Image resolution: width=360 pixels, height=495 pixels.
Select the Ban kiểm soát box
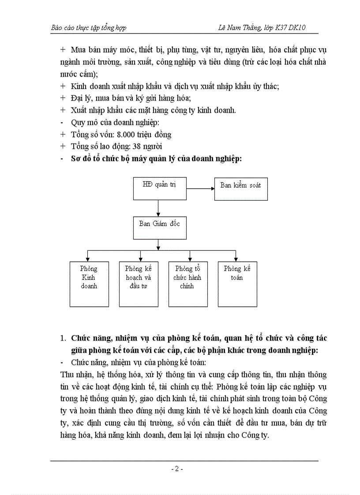[x=240, y=189]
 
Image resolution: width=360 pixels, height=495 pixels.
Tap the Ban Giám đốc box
[x=159, y=227]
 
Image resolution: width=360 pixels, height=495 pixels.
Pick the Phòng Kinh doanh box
[x=89, y=284]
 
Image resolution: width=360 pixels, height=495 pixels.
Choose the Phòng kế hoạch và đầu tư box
[x=139, y=284]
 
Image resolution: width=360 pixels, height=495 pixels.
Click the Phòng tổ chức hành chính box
[x=188, y=284]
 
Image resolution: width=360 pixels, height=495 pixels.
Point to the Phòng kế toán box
[x=237, y=284]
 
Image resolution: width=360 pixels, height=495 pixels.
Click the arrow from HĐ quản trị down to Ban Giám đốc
[x=158, y=207]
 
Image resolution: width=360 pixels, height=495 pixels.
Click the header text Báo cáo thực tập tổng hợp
[x=89, y=28]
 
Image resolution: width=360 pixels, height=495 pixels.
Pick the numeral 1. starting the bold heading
[x=62, y=339]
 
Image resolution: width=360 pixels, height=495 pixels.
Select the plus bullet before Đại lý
[x=62, y=98]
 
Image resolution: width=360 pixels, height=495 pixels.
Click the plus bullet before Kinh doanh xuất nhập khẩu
[x=62, y=86]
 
